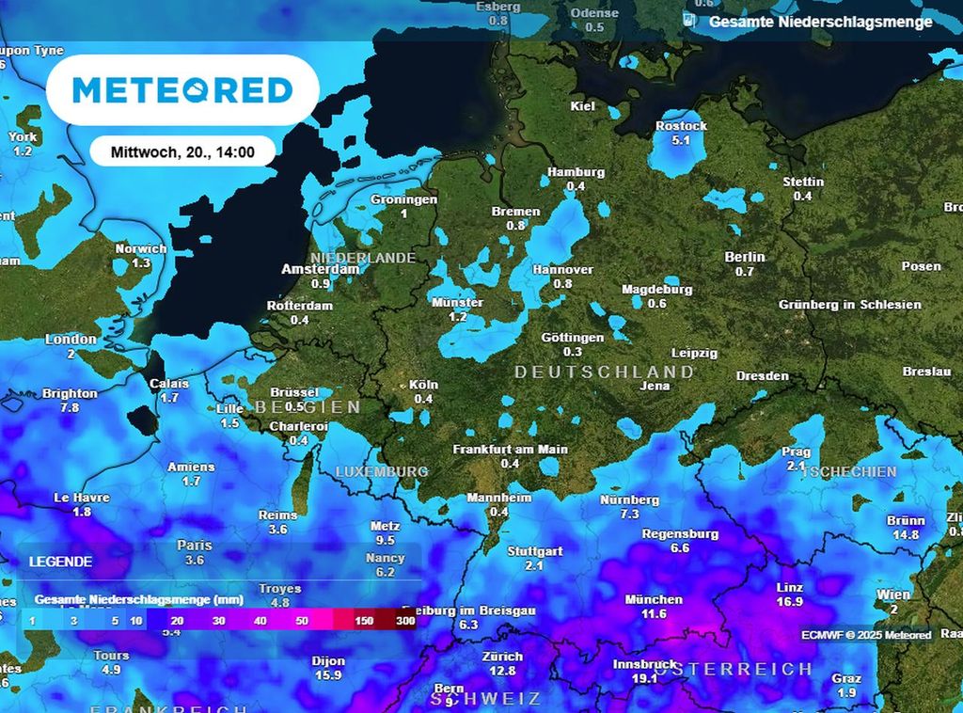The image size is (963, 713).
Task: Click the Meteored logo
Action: click(182, 90)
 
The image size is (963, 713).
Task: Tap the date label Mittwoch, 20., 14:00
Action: click(182, 151)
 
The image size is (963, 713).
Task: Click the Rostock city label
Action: click(682, 126)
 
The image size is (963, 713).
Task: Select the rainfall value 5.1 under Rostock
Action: click(682, 141)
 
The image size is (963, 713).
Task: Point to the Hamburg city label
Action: click(576, 172)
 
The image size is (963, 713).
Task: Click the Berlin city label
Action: click(745, 257)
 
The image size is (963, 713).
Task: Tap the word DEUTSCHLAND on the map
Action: click(604, 372)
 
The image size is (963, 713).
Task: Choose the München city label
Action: click(654, 599)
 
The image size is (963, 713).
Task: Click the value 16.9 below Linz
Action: click(789, 602)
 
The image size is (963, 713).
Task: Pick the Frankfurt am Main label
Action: click(511, 450)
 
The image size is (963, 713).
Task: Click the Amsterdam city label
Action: click(321, 269)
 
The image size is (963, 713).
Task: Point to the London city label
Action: click(71, 340)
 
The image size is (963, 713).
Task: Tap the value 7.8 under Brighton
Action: click(70, 408)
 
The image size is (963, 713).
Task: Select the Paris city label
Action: click(195, 546)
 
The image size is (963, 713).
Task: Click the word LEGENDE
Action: click(61, 562)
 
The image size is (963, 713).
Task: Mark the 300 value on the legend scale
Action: click(405, 621)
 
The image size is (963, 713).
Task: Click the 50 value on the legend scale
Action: click(302, 621)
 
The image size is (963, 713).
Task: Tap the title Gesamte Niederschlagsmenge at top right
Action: click(820, 22)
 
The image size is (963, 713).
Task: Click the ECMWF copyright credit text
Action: click(866, 636)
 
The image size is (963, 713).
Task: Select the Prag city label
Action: click(796, 452)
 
